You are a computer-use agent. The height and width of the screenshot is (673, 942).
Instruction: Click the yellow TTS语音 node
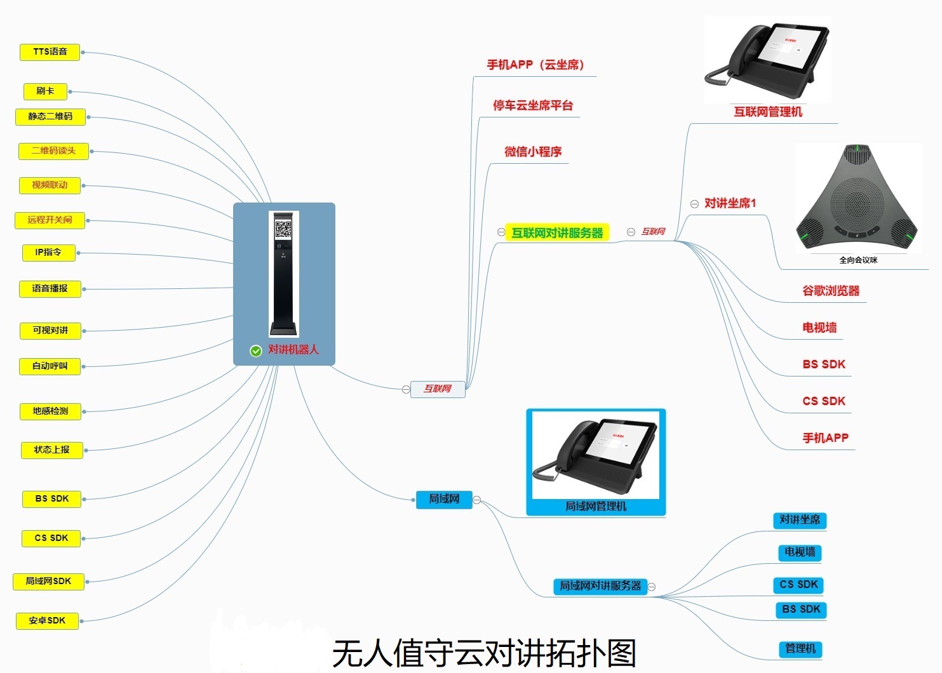(50, 52)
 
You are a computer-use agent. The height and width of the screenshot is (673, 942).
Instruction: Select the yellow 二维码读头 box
(53, 151)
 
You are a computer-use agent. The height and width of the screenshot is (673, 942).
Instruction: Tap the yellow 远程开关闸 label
(50, 220)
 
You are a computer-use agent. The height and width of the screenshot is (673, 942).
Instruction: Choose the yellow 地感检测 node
(50, 411)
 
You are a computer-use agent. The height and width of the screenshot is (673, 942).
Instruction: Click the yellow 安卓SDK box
(47, 621)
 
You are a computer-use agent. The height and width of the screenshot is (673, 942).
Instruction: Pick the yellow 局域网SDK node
(48, 582)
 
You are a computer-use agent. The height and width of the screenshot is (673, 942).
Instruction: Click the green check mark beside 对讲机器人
(256, 351)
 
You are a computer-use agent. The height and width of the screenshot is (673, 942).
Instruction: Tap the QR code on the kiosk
(283, 229)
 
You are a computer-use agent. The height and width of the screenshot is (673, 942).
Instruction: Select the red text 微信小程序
(533, 152)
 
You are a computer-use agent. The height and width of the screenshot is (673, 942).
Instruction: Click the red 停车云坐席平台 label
(533, 105)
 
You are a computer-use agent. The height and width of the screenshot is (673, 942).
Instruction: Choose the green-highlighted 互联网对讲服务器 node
(557, 233)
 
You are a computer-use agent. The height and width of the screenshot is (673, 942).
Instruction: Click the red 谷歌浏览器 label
(831, 291)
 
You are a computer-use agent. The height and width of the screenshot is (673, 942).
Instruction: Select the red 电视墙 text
(819, 328)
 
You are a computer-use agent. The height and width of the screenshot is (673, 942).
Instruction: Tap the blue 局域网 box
(444, 499)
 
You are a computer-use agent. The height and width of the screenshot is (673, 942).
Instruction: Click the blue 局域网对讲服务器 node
(600, 586)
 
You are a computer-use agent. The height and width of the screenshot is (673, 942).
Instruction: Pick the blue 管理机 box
(800, 649)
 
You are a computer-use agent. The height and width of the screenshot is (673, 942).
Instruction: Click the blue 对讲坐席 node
(800, 520)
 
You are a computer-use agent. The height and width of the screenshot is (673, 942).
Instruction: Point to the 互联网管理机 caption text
(768, 112)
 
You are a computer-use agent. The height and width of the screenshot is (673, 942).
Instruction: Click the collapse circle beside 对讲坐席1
(694, 204)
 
